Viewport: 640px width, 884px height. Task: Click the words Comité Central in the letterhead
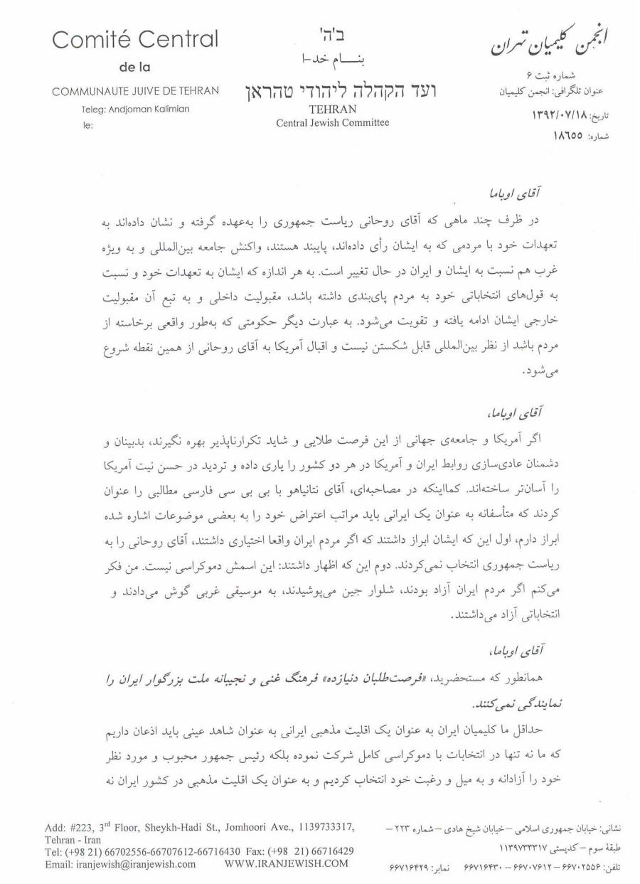(x=135, y=40)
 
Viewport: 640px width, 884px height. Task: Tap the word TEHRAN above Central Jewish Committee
(x=332, y=110)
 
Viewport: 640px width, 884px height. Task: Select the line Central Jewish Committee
(x=332, y=122)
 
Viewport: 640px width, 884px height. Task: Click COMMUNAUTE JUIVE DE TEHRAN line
(x=135, y=91)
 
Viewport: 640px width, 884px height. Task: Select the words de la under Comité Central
(x=135, y=68)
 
